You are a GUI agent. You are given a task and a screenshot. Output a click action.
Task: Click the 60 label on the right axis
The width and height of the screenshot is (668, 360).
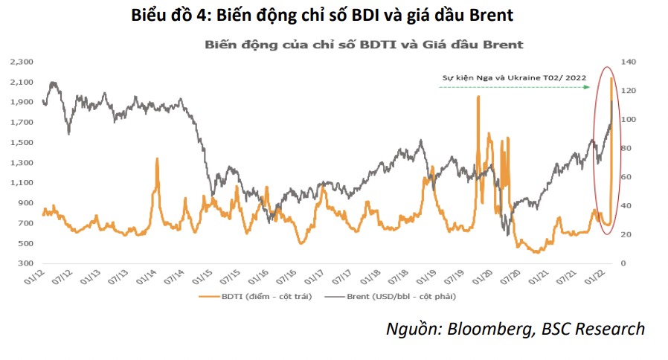tap(628, 177)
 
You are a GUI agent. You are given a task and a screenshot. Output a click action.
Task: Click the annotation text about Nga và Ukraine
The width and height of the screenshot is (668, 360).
tap(514, 77)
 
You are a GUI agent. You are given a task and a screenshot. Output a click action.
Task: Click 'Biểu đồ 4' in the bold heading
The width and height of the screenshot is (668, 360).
tap(169, 14)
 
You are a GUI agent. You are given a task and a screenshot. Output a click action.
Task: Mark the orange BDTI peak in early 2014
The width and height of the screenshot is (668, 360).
tap(157, 159)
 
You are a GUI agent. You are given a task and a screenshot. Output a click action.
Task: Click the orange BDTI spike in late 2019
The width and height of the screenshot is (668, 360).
tap(478, 97)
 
